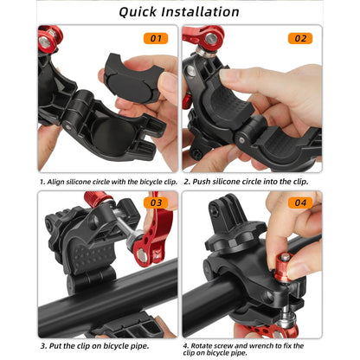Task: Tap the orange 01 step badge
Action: (155, 38)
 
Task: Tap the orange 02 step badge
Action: (299, 38)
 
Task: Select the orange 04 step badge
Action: (299, 204)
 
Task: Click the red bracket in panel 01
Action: (49, 38)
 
